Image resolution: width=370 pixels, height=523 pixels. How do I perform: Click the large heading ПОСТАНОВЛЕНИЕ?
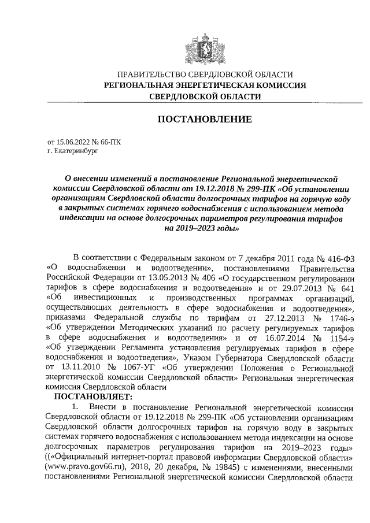pyautogui.click(x=205, y=120)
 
